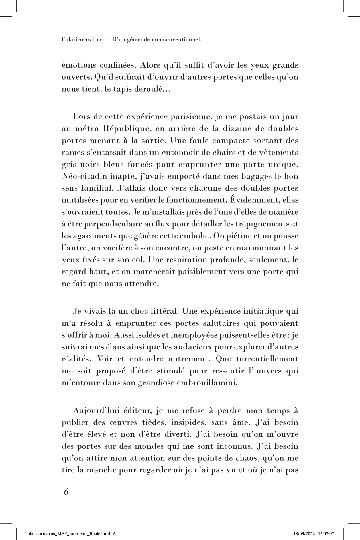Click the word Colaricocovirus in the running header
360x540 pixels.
pos(82,39)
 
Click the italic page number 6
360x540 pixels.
pos(66,492)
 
